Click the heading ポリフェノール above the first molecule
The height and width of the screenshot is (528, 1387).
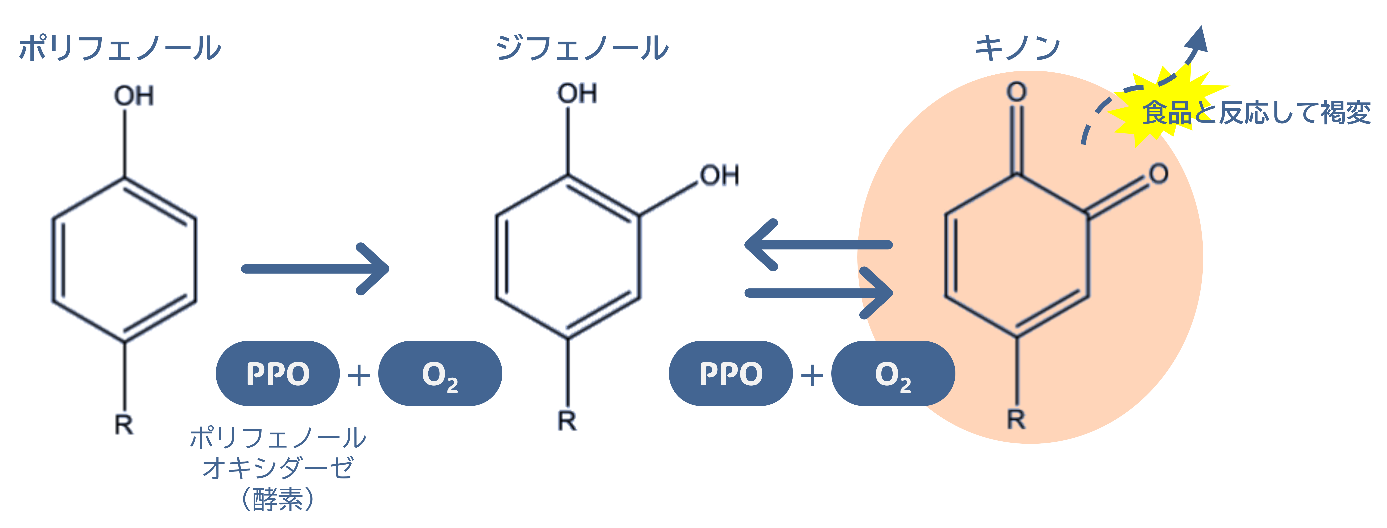tap(120, 49)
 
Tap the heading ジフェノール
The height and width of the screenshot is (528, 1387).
tap(582, 49)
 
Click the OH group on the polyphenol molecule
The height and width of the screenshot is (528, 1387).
tap(133, 96)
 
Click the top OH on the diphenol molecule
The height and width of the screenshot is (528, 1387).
tap(577, 93)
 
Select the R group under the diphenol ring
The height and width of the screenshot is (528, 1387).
tap(567, 420)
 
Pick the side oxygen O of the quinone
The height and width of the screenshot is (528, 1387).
tap(1158, 173)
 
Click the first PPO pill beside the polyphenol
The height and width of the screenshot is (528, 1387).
tap(277, 373)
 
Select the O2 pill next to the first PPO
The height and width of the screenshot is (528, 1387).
tap(440, 373)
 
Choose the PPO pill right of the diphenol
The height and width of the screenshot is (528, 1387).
tap(730, 373)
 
